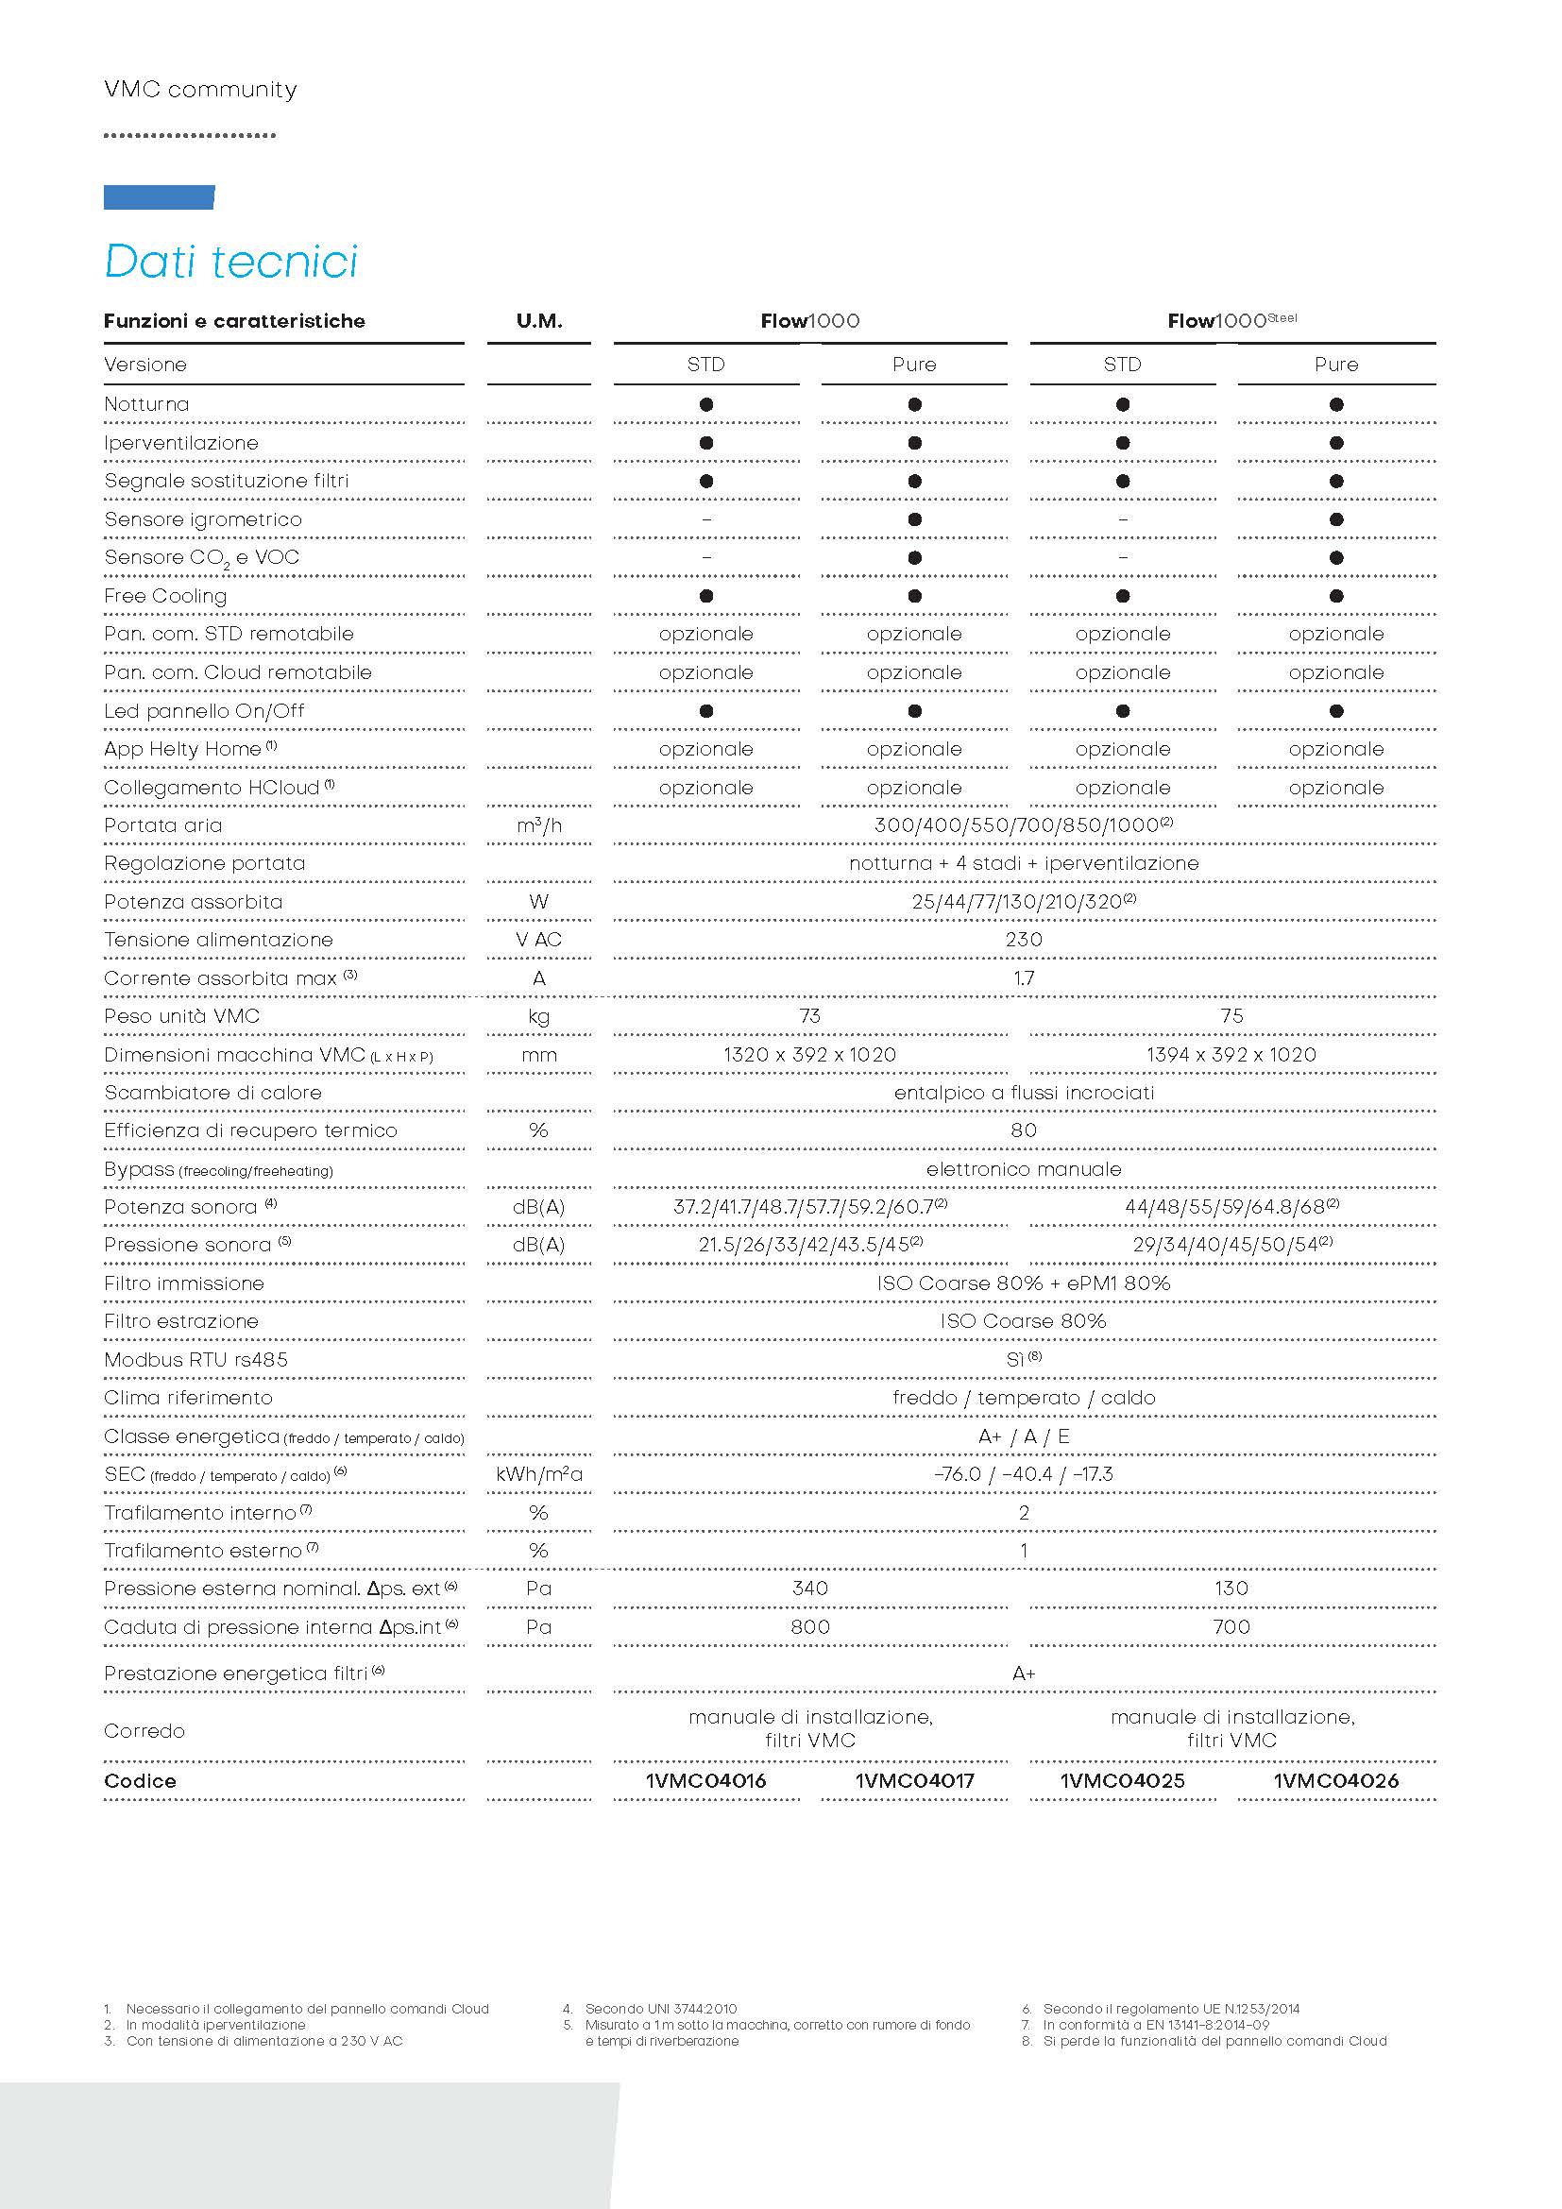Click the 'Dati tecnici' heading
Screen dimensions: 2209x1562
pos(230,262)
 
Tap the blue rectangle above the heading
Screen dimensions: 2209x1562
pos(159,197)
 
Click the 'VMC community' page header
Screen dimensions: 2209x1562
pos(200,90)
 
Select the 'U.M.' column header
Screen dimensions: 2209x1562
pos(538,321)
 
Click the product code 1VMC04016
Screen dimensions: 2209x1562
pos(706,1781)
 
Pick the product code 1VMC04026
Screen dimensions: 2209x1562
pos(1335,1781)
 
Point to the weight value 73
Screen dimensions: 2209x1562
pos(810,1016)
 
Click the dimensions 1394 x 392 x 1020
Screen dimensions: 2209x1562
pos(1231,1055)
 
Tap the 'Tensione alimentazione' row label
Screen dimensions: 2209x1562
pos(218,940)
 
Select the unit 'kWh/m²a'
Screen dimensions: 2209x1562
pos(538,1475)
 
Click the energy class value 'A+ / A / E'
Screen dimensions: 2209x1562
pos(1024,1436)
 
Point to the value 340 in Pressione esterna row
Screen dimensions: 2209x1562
pos(810,1589)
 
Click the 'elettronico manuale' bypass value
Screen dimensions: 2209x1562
pos(1024,1169)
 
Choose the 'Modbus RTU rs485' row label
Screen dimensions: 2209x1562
pos(195,1359)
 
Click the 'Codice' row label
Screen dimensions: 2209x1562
pos(141,1781)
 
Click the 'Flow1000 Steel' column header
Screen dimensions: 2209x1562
pos(1231,321)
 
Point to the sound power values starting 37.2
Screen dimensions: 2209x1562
pos(810,1206)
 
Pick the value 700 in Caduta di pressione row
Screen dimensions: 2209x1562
pos(1231,1627)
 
